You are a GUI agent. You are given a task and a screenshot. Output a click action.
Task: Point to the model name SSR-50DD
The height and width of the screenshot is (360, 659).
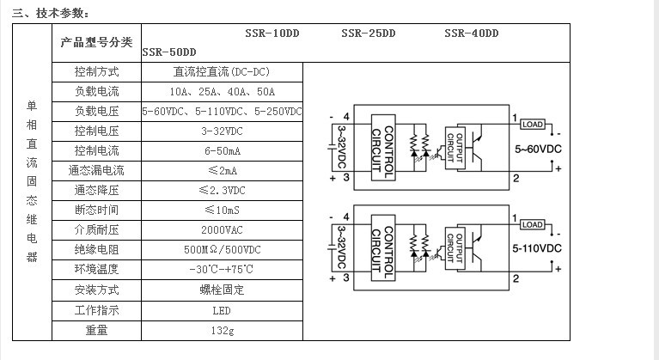click(169, 52)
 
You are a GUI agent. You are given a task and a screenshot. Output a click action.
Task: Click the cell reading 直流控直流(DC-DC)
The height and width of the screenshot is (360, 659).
click(222, 71)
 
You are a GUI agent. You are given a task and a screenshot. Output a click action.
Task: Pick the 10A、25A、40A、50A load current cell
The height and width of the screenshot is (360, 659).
click(222, 91)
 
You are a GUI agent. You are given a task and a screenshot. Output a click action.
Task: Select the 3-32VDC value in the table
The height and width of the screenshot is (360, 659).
click(222, 131)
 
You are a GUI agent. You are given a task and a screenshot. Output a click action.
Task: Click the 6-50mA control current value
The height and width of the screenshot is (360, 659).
click(222, 151)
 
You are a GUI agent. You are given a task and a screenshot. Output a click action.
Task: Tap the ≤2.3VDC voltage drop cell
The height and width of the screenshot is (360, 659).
click(222, 191)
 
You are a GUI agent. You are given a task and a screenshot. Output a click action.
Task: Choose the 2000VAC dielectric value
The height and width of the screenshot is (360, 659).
click(222, 230)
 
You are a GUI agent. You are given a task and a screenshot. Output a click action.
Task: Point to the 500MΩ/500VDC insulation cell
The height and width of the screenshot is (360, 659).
click(222, 250)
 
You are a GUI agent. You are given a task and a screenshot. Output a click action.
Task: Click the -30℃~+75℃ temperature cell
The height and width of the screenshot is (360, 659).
click(222, 270)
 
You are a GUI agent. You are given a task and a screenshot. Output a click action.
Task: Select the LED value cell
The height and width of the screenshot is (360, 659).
click(222, 309)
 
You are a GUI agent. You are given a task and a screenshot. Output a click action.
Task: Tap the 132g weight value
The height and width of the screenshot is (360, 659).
click(222, 330)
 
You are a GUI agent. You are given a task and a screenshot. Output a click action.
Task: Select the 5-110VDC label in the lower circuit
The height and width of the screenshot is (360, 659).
click(538, 248)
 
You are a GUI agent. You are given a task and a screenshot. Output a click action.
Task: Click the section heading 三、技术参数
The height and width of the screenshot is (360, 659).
click(50, 13)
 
